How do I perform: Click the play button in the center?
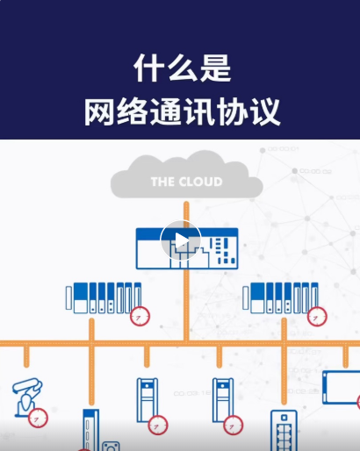click(181, 240)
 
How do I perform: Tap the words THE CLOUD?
click(187, 182)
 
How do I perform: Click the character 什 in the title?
click(149, 68)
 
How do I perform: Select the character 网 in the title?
click(99, 112)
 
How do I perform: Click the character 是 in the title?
click(215, 68)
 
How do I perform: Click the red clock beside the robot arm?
click(38, 418)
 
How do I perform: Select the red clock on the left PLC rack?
click(140, 316)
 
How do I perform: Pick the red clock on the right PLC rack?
click(317, 316)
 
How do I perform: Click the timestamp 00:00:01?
click(284, 149)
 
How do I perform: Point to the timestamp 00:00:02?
click(315, 171)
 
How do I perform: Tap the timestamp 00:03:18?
click(191, 393)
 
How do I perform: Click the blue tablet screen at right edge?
click(342, 387)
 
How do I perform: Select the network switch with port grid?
click(284, 431)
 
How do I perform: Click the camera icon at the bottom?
click(111, 447)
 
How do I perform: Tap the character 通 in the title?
click(166, 112)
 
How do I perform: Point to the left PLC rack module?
click(104, 298)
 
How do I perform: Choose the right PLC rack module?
click(280, 298)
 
